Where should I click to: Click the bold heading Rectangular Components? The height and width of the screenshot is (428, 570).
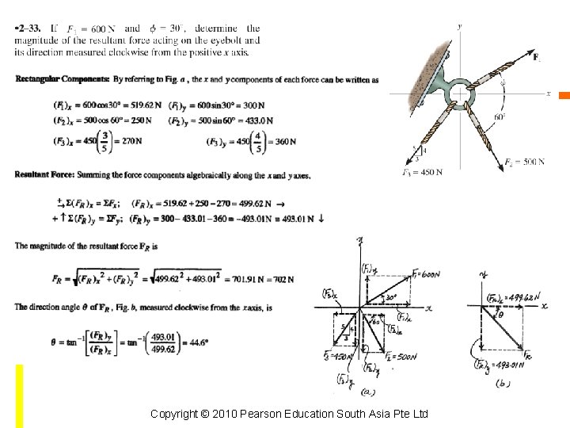pos(63,79)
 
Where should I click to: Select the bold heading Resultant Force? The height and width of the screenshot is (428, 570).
pos(44,174)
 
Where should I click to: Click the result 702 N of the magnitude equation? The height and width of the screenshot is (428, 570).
pos(280,279)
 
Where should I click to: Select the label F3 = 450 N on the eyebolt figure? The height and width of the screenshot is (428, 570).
pos(421,171)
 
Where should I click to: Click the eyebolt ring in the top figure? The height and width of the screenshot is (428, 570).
pos(460,93)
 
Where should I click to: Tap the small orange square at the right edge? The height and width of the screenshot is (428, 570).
pos(564,96)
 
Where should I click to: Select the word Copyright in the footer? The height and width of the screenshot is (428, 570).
pos(175,415)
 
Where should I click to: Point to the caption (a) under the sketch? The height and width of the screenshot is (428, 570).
pos(367,391)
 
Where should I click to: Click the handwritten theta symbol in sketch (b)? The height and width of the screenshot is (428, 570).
pos(500,314)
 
